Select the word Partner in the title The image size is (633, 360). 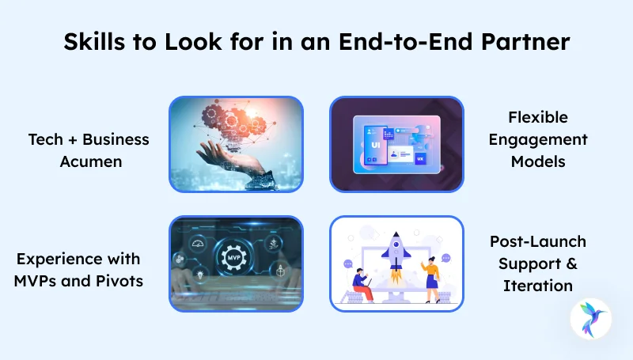coord(525,44)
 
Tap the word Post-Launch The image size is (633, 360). coord(537,241)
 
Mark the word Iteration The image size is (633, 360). coord(537,285)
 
